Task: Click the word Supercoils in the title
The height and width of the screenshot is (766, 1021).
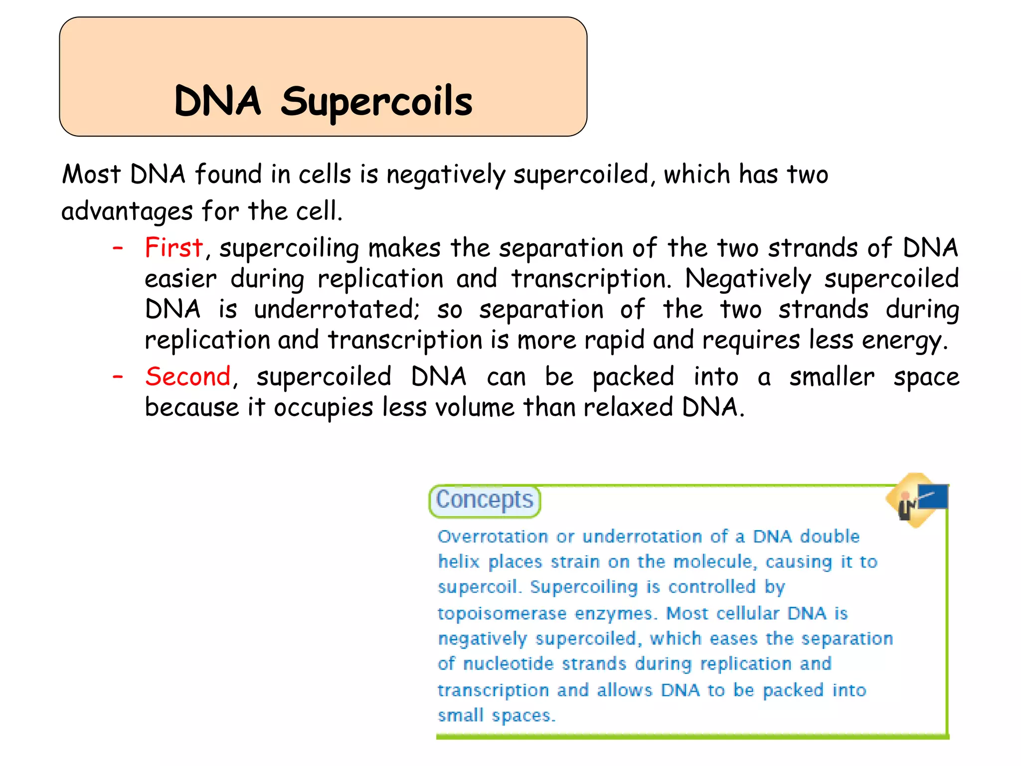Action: pyautogui.click(x=376, y=102)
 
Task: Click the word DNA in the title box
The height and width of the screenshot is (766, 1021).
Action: pyautogui.click(x=217, y=102)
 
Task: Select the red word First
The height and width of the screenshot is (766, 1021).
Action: pyautogui.click(x=173, y=247)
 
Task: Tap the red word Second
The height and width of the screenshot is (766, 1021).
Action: pyautogui.click(x=188, y=376)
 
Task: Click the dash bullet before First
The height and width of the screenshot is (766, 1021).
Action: pyautogui.click(x=118, y=247)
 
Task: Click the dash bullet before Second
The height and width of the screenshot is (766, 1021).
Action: pyautogui.click(x=118, y=377)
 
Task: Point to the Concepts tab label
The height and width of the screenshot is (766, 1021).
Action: pyautogui.click(x=485, y=500)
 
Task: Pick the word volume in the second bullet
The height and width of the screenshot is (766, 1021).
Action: pyautogui.click(x=475, y=407)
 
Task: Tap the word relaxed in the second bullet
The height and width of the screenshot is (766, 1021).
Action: pyautogui.click(x=628, y=407)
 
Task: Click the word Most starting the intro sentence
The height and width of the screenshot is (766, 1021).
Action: pyautogui.click(x=91, y=175)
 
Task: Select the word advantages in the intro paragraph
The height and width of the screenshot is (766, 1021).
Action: pyautogui.click(x=127, y=211)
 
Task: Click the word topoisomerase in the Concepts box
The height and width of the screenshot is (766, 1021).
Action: pyautogui.click(x=502, y=613)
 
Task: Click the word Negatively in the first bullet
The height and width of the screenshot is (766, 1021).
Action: pyautogui.click(x=747, y=279)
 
